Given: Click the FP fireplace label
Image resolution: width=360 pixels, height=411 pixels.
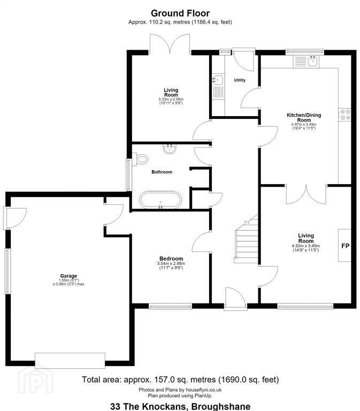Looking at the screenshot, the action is pos(346,246).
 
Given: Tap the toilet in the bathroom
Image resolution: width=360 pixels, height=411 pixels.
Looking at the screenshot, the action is pos(141,159).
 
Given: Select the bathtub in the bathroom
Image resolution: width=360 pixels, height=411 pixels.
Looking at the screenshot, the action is pos(160,200).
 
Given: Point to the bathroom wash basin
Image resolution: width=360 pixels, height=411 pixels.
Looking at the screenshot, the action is pos(169,149).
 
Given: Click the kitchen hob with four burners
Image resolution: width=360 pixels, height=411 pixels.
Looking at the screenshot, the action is pos(344,115).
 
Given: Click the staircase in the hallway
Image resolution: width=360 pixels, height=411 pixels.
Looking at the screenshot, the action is pos(246,239).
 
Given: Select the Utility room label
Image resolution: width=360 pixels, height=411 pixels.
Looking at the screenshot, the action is pos(240,80).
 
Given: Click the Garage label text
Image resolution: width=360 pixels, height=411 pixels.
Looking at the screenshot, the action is pos(68,276).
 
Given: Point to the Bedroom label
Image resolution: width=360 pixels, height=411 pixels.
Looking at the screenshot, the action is pos(171,258).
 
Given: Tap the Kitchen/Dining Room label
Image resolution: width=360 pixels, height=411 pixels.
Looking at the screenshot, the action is pos(304,117).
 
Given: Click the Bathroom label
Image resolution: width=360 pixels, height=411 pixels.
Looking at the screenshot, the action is pos(162,172).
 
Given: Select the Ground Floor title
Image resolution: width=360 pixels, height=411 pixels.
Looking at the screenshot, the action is pos(180,13).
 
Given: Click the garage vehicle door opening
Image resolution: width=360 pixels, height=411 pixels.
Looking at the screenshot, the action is pos(70,360).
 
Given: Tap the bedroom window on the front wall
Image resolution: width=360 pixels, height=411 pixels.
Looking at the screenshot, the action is pos(170,306).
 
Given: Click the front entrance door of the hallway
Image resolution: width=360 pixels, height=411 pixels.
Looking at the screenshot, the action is pos(235,299).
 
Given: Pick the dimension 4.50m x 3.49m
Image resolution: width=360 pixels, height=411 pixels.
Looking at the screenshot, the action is pos(306,246).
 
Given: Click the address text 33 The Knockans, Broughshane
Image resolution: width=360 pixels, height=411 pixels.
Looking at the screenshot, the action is pos(180,407).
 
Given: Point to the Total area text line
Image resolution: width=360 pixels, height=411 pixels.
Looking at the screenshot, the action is pos(180,379).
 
